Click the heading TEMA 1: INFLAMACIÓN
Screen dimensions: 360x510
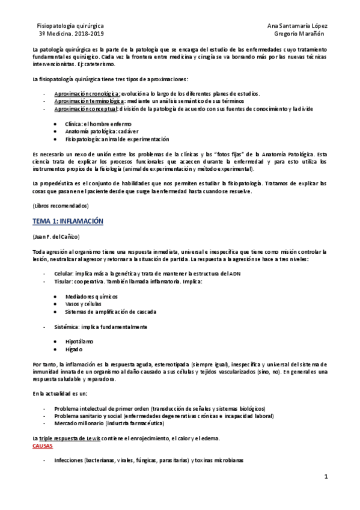coord(68,221)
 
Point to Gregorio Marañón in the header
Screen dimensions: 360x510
coord(300,35)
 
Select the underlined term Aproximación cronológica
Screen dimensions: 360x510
coord(87,94)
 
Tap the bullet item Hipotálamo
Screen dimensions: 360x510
coord(79,341)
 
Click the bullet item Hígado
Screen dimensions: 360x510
coord(74,349)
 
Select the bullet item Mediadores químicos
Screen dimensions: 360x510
coord(91,296)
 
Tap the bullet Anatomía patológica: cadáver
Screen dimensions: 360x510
coord(102,131)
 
